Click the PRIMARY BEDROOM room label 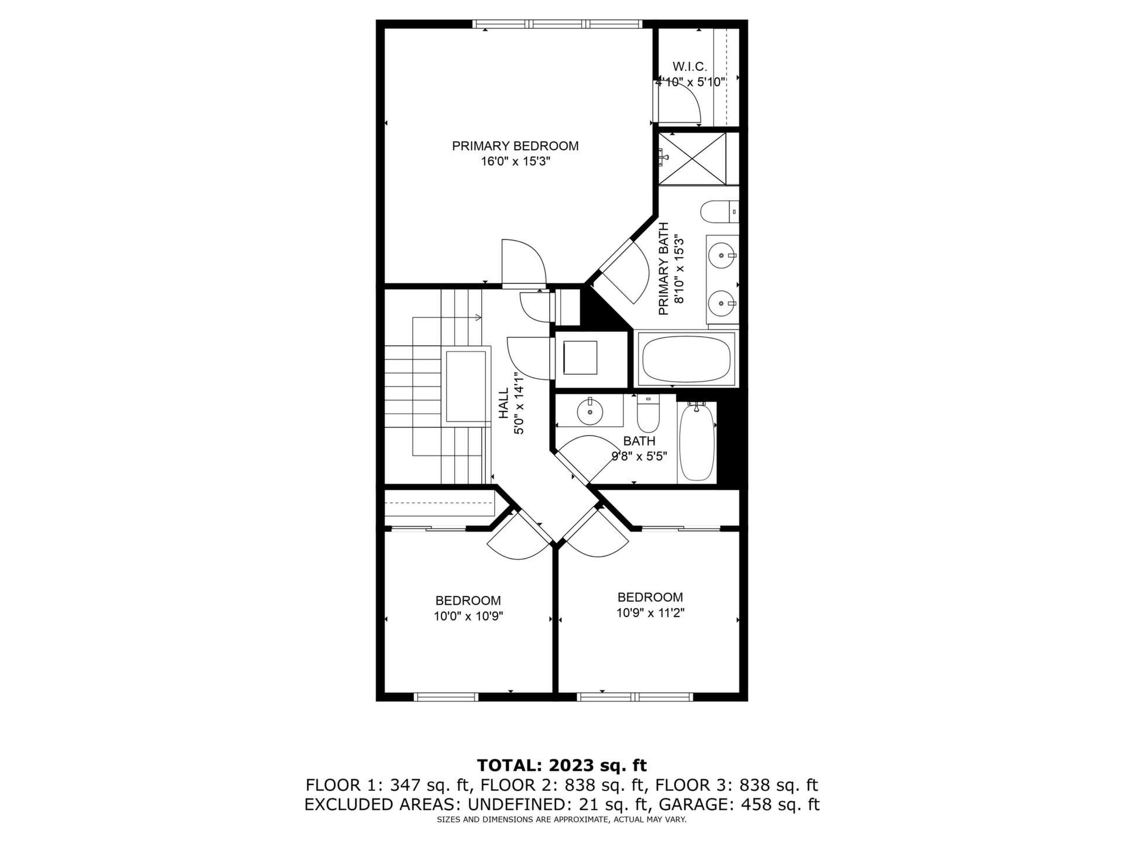[515, 146]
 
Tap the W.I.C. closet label [690, 67]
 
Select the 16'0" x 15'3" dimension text [515, 161]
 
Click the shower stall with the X [692, 158]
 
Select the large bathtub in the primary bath [686, 359]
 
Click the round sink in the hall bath [590, 412]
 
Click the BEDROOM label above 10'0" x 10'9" [468, 601]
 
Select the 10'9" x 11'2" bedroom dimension [650, 612]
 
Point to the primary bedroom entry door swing [524, 262]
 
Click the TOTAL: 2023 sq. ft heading [562, 765]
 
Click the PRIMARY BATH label [664, 269]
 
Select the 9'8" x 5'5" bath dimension [639, 456]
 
